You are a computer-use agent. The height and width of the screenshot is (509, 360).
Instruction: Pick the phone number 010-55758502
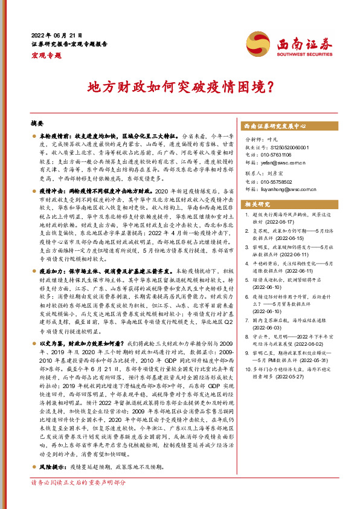coord(281,188)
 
